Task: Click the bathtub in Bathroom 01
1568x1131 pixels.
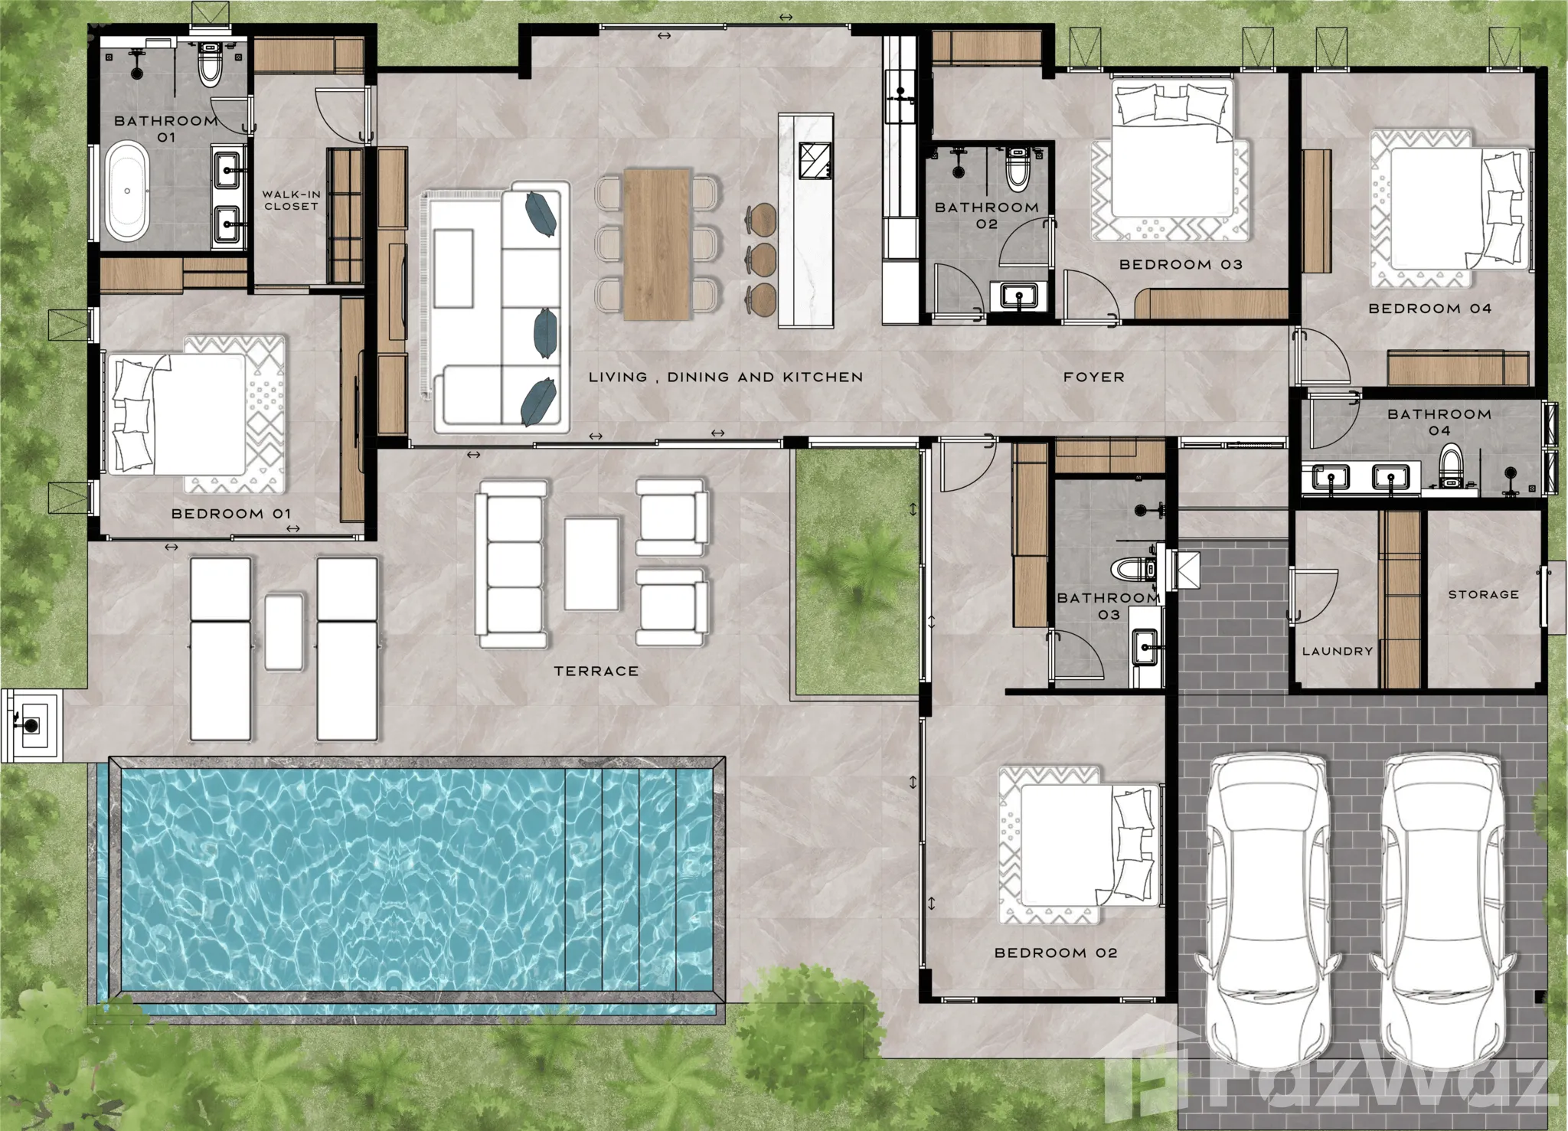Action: click(126, 191)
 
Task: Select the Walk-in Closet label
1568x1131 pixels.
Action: click(291, 201)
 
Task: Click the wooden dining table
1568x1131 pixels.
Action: click(658, 244)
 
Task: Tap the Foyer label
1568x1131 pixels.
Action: click(1094, 377)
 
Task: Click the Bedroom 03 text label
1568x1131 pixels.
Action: click(1181, 265)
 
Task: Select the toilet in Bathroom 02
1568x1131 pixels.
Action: click(1017, 169)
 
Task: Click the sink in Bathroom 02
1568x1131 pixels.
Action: click(1018, 296)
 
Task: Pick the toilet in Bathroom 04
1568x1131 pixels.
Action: click(1451, 467)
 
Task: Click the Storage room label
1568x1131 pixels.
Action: click(1483, 594)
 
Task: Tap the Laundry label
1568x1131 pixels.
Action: click(1338, 652)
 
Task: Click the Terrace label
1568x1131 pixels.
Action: click(596, 672)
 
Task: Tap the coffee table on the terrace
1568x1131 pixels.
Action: click(592, 564)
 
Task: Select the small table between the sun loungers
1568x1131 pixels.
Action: click(283, 633)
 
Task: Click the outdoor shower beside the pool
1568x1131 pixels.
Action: click(31, 722)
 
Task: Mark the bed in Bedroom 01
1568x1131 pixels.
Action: click(198, 414)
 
